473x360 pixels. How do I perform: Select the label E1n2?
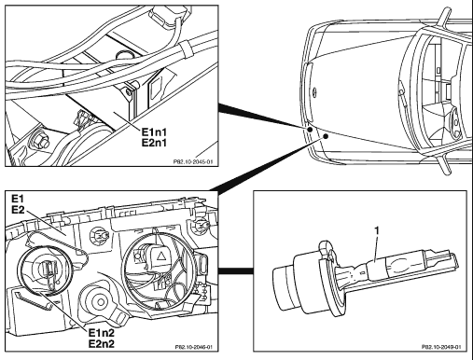[x=102, y=333]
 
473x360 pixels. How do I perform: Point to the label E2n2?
[x=102, y=343]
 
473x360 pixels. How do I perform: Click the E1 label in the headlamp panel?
[x=18, y=199]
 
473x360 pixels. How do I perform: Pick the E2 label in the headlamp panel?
[x=18, y=210]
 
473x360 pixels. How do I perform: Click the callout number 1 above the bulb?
[x=377, y=231]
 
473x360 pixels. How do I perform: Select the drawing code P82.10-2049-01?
[x=441, y=347]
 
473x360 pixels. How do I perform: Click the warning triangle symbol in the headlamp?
[x=161, y=256]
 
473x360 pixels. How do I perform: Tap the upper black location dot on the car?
[x=310, y=129]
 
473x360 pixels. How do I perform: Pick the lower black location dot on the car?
[x=326, y=136]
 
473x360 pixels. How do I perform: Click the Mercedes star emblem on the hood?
[x=313, y=90]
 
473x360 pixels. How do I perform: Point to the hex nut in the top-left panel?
[x=39, y=140]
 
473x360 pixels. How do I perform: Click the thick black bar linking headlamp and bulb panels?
[x=236, y=271]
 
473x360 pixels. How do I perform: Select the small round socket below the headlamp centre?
[x=101, y=301]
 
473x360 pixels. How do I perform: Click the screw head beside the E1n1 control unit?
[x=129, y=91]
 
